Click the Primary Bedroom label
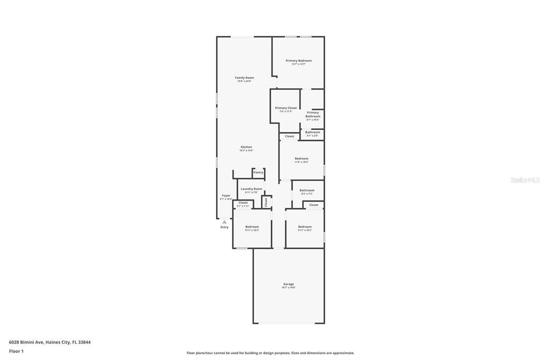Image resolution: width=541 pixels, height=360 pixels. click(299, 61)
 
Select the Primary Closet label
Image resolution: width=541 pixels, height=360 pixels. click(286, 108)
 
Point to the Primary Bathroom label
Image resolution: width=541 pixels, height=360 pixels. click(313, 114)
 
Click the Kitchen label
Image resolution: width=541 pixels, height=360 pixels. click(246, 147)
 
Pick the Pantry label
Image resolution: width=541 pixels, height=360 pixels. click(258, 172)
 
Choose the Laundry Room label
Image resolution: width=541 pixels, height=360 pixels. click(251, 188)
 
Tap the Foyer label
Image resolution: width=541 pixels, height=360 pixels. click(226, 195)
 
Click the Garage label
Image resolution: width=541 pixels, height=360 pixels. click(288, 284)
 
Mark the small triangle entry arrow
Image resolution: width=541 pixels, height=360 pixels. click(225, 222)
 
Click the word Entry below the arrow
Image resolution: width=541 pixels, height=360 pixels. click(225, 227)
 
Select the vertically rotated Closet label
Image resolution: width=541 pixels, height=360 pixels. click(266, 202)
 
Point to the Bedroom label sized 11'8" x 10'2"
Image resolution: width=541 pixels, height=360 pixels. click(302, 158)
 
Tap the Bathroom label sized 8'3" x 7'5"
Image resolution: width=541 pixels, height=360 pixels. click(307, 190)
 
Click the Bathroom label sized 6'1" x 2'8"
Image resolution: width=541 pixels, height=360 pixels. click(312, 132)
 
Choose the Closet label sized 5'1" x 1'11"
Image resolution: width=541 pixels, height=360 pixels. click(243, 202)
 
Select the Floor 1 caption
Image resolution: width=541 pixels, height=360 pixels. click(16, 351)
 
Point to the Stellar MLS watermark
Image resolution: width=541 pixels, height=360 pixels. click(525, 180)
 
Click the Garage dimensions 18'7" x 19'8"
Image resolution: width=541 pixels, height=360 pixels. click(288, 287)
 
